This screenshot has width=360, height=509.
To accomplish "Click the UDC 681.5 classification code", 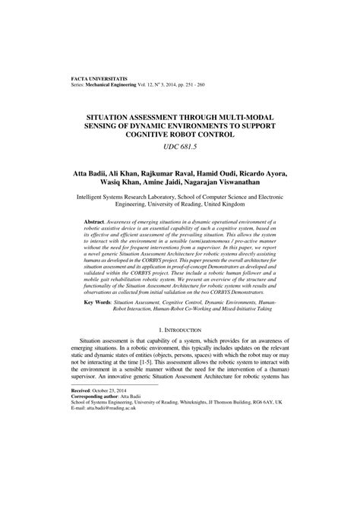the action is [x=179, y=149].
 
